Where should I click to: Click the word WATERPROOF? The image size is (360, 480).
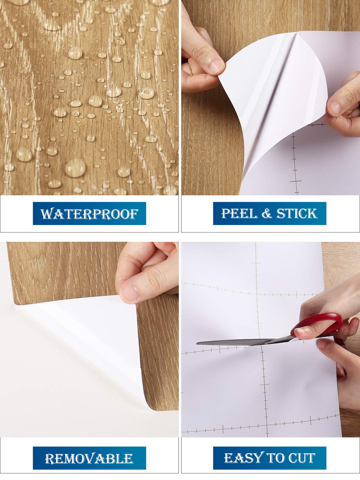pos(89,214)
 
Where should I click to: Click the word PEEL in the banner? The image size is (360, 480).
pos(239,213)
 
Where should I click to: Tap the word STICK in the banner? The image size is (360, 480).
pos(297,213)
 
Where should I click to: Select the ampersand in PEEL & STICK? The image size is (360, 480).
pos(267,214)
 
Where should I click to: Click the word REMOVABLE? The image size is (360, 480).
pos(89,459)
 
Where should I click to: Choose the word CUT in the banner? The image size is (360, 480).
pos(302,458)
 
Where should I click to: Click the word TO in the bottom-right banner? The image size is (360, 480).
pos(276,458)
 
